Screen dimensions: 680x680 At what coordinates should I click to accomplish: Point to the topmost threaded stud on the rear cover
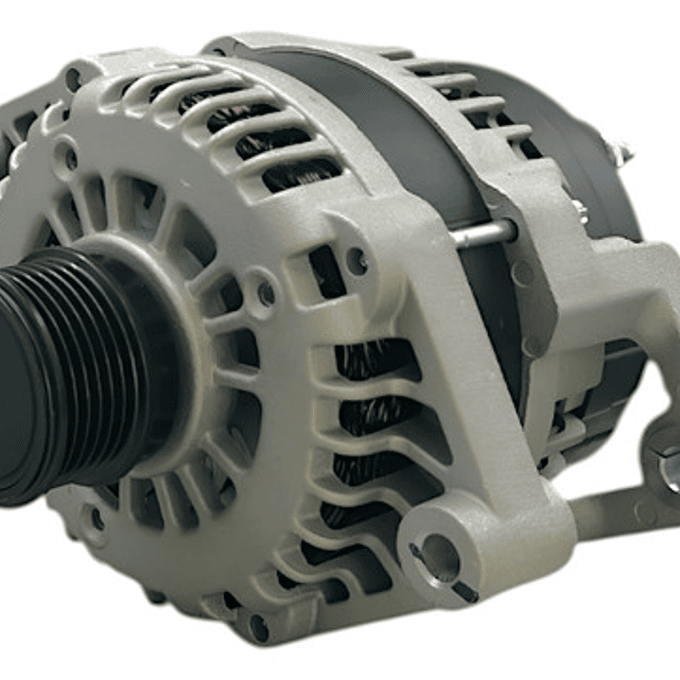619,148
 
